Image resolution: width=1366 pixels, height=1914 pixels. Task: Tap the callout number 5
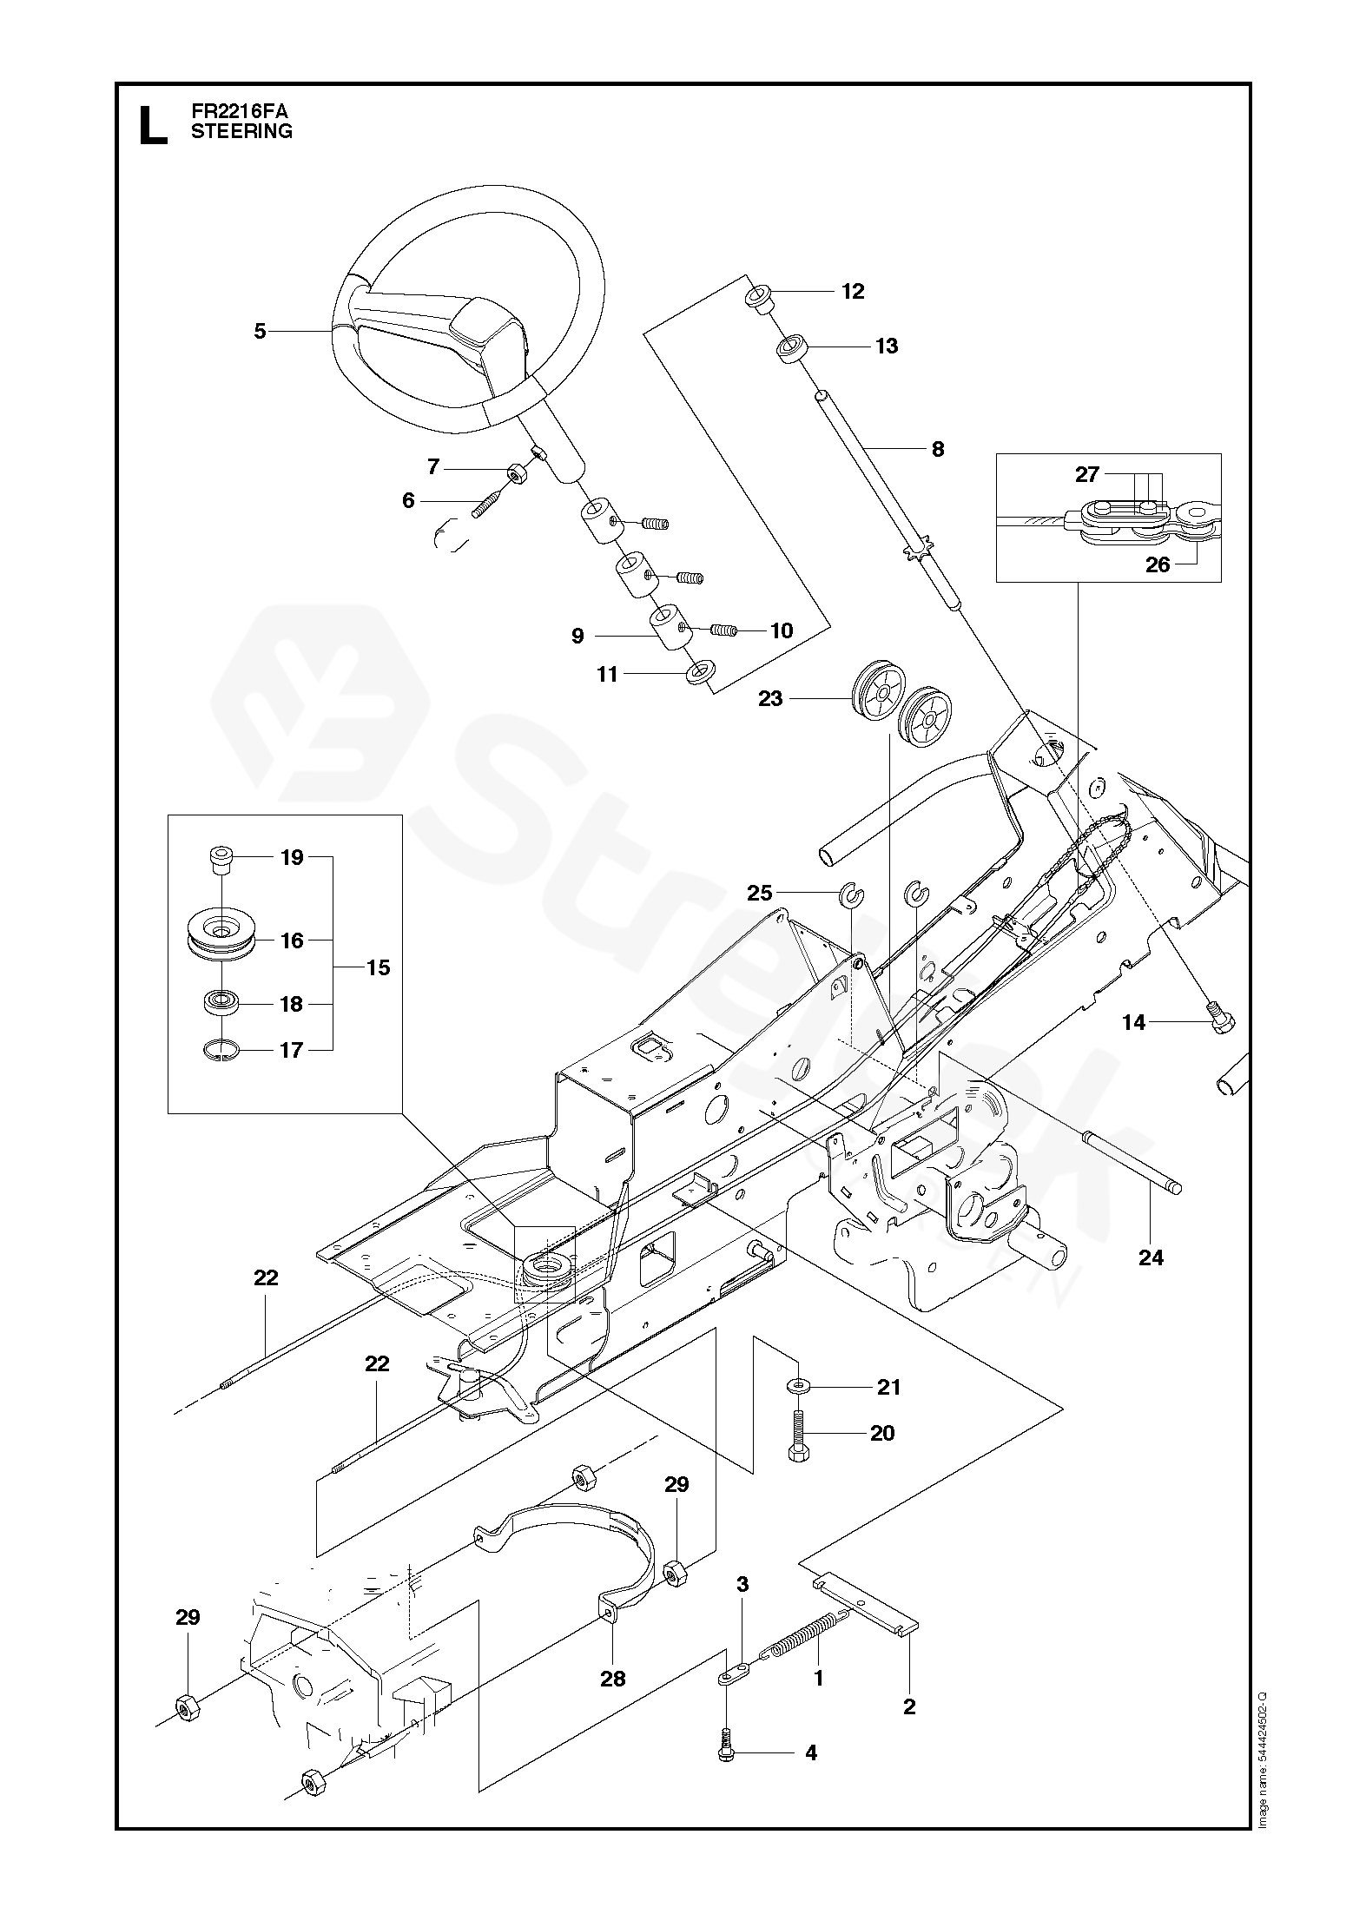click(x=260, y=331)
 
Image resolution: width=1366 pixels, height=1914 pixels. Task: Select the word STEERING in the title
click(x=241, y=132)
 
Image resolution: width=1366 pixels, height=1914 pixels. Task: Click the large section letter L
click(x=153, y=124)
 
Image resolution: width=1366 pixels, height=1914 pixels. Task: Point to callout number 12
click(x=854, y=292)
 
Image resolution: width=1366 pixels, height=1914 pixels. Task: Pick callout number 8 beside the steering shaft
click(x=937, y=449)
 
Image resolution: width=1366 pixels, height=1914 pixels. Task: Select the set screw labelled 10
click(x=723, y=630)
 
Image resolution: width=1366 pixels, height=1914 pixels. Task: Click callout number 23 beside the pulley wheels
click(x=770, y=698)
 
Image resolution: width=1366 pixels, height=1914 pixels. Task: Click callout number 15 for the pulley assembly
click(x=379, y=967)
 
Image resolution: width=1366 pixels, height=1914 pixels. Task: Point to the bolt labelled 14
click(x=1219, y=1022)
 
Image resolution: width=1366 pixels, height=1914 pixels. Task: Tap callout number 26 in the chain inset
click(x=1158, y=565)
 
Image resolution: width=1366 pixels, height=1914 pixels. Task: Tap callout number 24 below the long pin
click(x=1151, y=1257)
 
